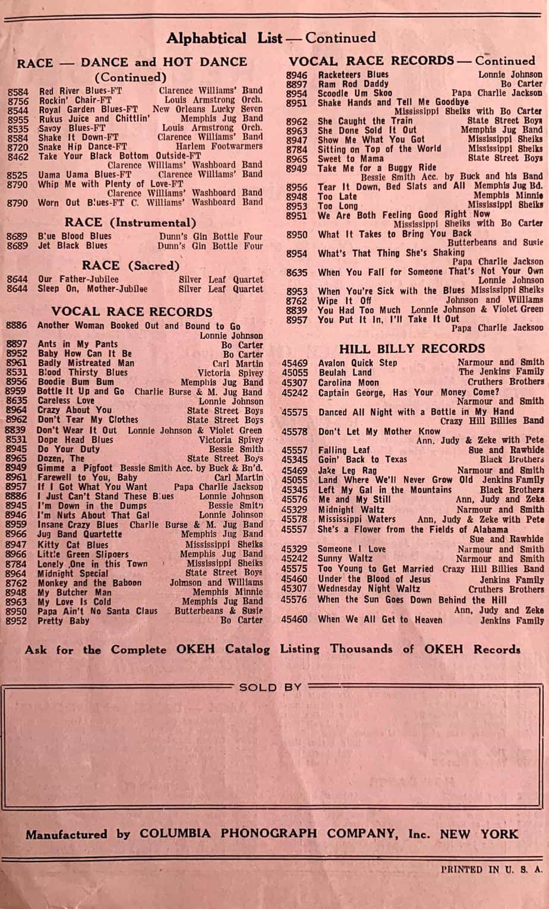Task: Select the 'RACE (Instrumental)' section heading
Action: pos(130,223)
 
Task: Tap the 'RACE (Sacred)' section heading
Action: pos(130,265)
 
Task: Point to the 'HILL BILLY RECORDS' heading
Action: pos(412,349)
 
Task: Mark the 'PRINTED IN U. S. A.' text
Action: pos(492,869)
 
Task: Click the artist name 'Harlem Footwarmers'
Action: pos(219,146)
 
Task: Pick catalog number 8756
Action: pos(18,101)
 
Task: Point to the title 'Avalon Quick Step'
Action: pos(358,363)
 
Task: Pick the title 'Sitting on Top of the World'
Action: pos(379,149)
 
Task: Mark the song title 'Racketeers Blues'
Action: pos(353,75)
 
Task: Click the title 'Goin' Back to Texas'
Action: pos(362,459)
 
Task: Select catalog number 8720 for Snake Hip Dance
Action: pos(18,147)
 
